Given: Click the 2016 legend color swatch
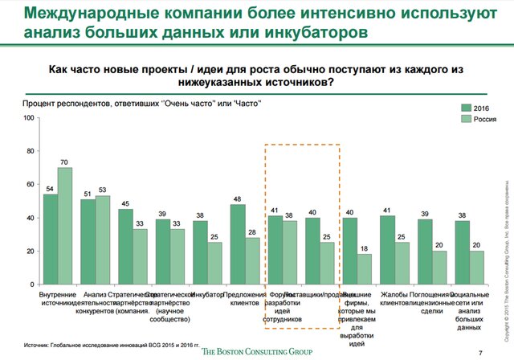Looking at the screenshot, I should [466, 108].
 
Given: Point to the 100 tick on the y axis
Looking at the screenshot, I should [28, 118].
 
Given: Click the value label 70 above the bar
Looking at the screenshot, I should [65, 162].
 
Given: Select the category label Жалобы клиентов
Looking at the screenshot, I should [395, 301].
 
